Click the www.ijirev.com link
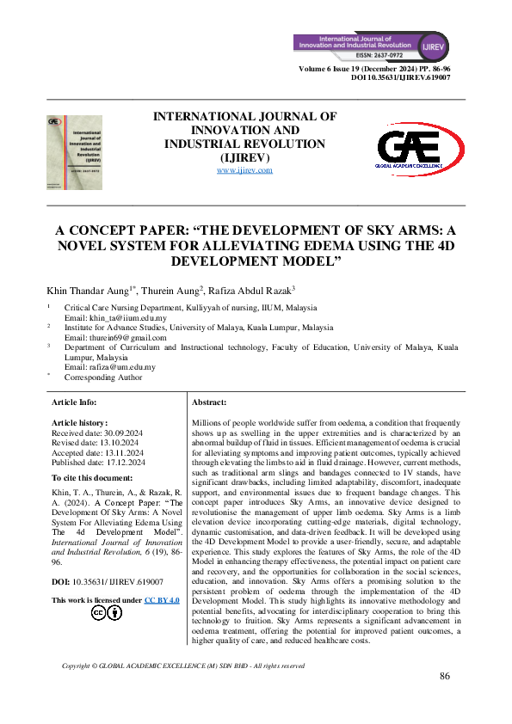coord(244,170)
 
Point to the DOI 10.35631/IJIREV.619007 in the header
coord(401,77)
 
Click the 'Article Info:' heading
coord(75,402)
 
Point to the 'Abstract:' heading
coord(209,402)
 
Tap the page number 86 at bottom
coord(445,676)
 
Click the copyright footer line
coord(183,666)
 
